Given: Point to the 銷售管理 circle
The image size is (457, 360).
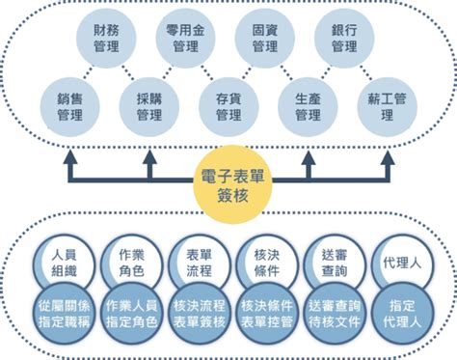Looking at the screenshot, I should click(x=70, y=106).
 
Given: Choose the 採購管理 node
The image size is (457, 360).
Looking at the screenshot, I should click(x=148, y=106).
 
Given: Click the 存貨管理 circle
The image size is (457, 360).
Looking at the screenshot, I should click(x=228, y=106).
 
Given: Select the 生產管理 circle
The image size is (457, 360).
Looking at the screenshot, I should click(x=308, y=106).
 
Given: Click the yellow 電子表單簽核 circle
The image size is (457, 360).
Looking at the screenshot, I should click(x=228, y=181).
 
